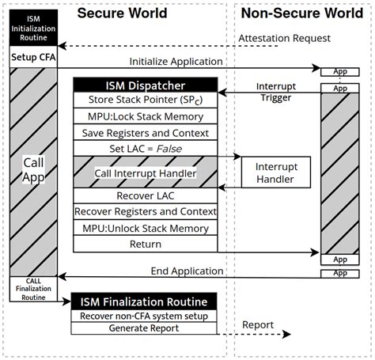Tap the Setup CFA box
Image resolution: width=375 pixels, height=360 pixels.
click(x=33, y=57)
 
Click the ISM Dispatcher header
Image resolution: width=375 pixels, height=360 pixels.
click(x=145, y=85)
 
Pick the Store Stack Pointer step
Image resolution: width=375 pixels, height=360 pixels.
click(x=145, y=101)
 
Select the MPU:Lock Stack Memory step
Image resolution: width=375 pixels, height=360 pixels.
click(x=145, y=117)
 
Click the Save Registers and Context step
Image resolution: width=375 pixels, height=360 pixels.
click(x=145, y=132)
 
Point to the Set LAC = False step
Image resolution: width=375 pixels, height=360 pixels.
click(x=145, y=148)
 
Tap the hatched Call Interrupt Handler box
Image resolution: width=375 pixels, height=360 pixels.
click(x=145, y=172)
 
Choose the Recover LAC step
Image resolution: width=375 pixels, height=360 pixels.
click(x=145, y=195)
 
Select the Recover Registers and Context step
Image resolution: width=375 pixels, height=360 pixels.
click(x=145, y=211)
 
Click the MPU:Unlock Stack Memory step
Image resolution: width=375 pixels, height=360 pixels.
click(x=145, y=228)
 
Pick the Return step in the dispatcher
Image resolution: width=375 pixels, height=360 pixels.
click(x=145, y=244)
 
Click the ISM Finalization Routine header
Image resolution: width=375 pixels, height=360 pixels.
click(x=145, y=301)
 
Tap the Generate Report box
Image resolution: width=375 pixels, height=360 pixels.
click(x=145, y=328)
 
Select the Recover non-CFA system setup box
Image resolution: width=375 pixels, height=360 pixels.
click(x=145, y=316)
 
